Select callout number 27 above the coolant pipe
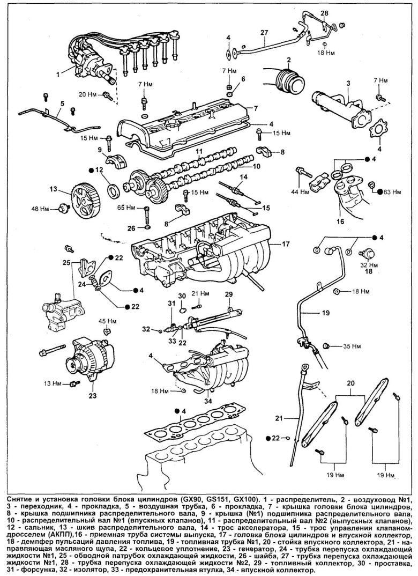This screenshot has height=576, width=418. click(264, 33)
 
